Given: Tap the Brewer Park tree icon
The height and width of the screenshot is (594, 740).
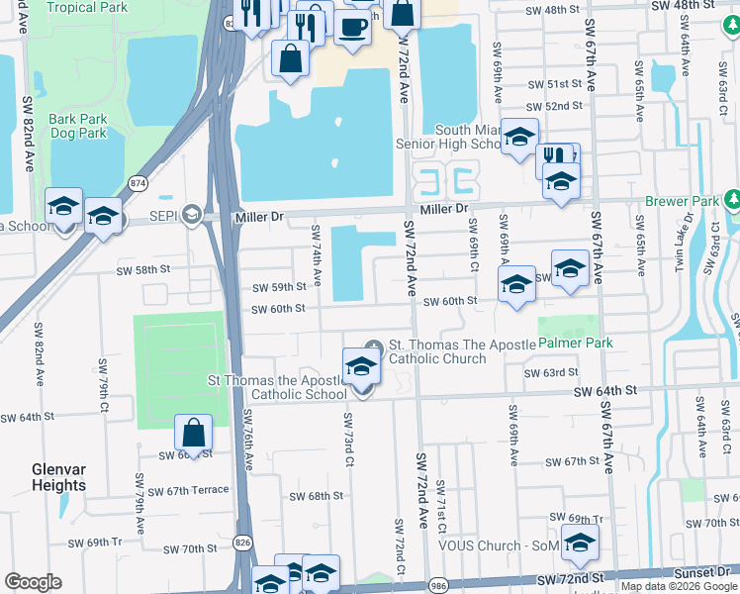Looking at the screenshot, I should tap(732, 198).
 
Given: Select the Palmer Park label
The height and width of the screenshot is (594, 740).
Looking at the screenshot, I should tap(576, 343).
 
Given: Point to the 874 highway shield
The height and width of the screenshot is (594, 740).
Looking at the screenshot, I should tap(139, 183).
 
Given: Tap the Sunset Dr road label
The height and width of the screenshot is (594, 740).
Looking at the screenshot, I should tap(701, 572).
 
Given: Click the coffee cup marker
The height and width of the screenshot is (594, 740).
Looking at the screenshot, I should tap(351, 27).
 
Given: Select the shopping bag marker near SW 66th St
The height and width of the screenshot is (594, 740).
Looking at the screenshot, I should tap(193, 433).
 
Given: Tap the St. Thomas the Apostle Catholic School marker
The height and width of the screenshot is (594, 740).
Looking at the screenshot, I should tap(361, 367).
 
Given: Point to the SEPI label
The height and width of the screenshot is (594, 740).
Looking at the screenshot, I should tap(160, 214).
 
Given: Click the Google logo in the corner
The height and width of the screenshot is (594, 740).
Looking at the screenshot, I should tap(33, 582).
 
